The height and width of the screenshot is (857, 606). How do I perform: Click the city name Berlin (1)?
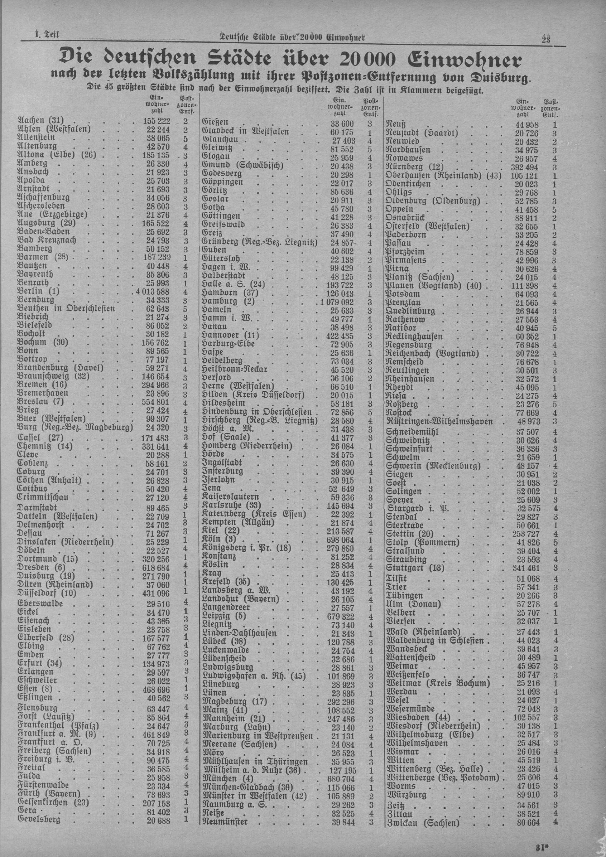click(x=39, y=291)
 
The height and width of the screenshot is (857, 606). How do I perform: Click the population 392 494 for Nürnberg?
click(x=525, y=166)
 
